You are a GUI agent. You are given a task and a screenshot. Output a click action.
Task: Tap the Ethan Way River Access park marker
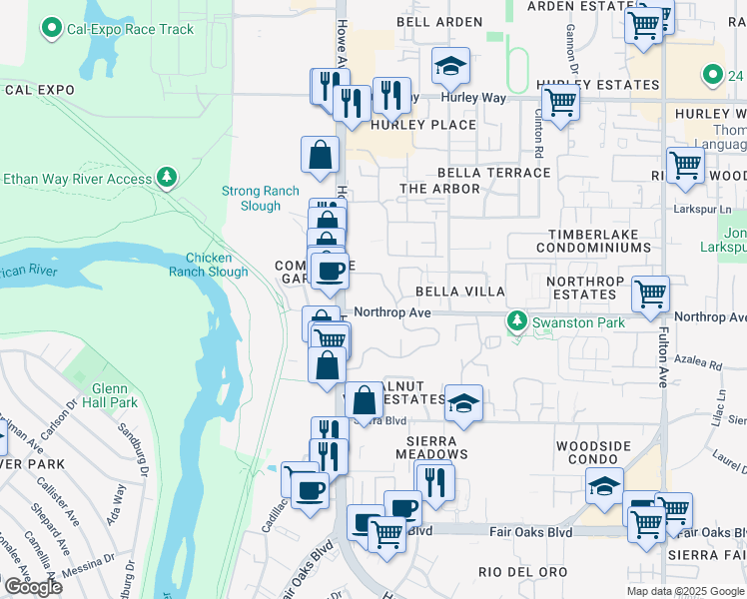167,179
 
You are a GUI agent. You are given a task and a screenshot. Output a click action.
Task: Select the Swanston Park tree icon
516,321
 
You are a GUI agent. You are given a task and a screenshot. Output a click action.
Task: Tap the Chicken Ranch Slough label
208,265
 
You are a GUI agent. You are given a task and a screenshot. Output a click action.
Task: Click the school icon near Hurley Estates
450,67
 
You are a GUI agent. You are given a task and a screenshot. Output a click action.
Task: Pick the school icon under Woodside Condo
604,486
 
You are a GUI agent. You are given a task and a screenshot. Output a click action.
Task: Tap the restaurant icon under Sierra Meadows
434,480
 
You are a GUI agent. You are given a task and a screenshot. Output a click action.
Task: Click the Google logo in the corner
32,587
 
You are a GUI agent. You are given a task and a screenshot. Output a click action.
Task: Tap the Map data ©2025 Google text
684,591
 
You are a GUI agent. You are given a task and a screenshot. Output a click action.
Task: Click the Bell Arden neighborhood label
439,22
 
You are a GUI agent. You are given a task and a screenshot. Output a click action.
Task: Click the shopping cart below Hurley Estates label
560,103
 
